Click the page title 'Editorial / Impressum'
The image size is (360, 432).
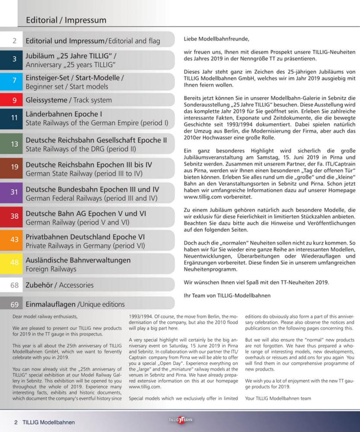pos(66,20)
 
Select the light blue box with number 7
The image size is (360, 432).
pos(14,81)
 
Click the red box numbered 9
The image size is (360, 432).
pos(14,100)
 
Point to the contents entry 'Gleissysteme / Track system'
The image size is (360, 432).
pos(69,100)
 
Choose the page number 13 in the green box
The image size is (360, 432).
pos(14,144)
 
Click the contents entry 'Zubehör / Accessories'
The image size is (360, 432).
pos(60,285)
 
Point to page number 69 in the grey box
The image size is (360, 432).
pos(14,304)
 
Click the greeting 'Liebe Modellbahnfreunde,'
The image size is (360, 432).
pos(216,39)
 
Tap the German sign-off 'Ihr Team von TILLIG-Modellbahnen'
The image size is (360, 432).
pos(227,296)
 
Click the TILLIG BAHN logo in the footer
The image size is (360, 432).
pos(180,420)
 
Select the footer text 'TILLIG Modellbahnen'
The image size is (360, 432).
pos(48,422)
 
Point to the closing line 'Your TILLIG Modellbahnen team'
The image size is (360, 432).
pos(278,398)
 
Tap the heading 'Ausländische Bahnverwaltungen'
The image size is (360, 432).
pos(78,260)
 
